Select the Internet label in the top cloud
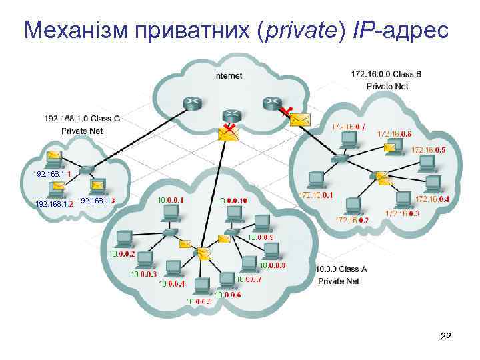228,76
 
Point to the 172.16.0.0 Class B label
386,74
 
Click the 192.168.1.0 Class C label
82,119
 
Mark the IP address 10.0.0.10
232,200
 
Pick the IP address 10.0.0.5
199,301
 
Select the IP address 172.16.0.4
432,199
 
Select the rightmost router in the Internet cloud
271,102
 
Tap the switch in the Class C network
85,170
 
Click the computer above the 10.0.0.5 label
201,285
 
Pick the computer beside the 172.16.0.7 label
347,139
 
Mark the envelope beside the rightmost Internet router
301,119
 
